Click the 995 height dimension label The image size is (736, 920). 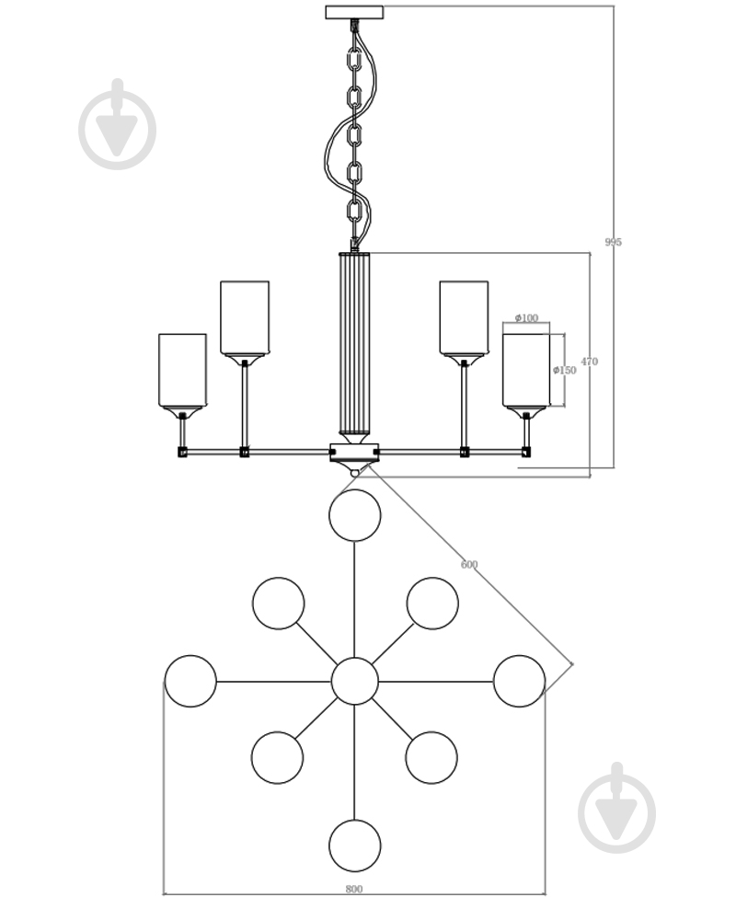613,242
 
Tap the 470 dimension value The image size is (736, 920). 590,362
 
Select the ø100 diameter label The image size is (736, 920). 526,318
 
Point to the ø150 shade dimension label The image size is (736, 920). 565,370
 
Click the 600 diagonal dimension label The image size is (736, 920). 469,565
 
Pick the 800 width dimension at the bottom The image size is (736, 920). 354,889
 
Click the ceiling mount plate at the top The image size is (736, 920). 354,12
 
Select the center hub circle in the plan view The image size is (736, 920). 354,681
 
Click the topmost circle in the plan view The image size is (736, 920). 354,515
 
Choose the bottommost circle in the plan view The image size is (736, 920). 354,845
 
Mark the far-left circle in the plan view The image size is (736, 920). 190,681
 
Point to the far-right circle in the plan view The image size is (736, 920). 519,681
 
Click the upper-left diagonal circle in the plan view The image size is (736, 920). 278,604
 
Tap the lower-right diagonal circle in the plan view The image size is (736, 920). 431,757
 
